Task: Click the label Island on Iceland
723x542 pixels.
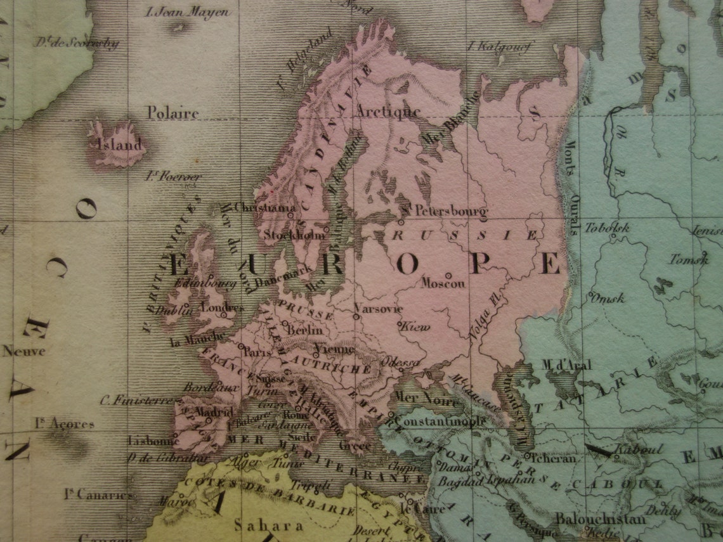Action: coord(120,145)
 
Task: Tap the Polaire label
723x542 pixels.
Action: coord(173,113)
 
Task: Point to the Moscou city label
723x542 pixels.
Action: coord(443,283)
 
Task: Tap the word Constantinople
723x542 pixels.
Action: coord(440,421)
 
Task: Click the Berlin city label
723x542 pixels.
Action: coord(305,330)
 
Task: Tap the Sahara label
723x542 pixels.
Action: coord(260,526)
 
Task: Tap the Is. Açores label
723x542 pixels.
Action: coord(65,423)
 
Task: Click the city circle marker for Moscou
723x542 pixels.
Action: coord(448,275)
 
